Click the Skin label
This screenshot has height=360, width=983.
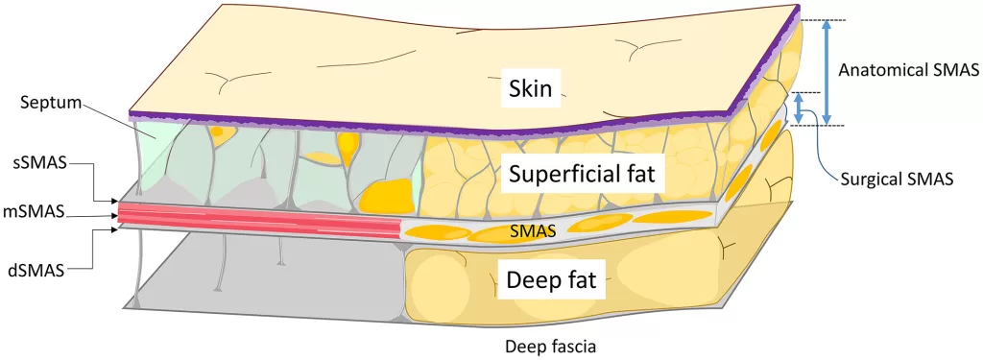coord(530,90)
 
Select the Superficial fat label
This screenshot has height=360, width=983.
coord(582,175)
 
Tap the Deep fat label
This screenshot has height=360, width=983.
coord(550,281)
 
